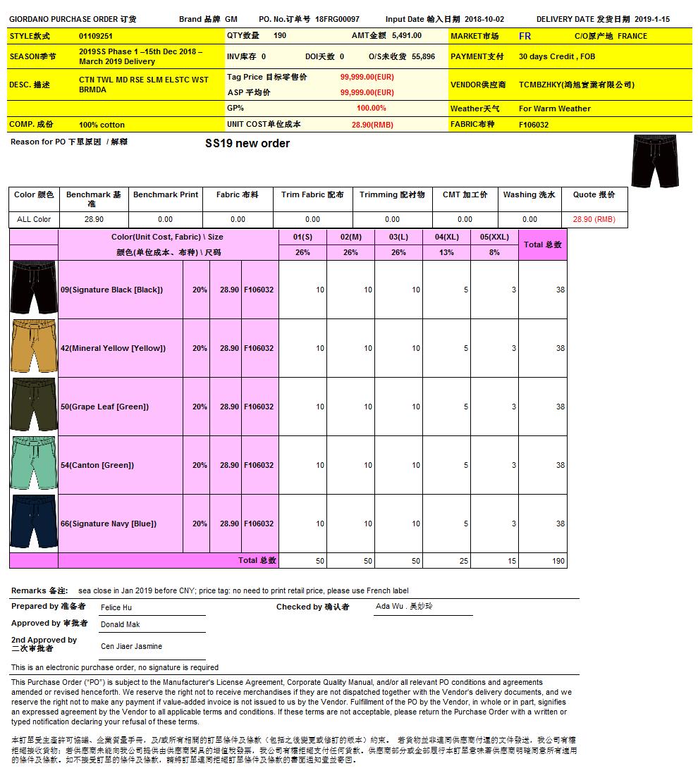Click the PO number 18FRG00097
(337, 20)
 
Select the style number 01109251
(96, 35)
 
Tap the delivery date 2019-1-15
(651, 20)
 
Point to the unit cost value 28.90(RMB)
(372, 125)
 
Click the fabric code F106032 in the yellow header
(534, 125)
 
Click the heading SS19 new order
(247, 144)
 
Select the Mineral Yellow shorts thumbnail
(34, 348)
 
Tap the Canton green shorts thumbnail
(34, 465)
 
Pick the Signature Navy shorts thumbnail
(34, 524)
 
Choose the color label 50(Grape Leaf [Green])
(104, 407)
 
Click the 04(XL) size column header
(446, 237)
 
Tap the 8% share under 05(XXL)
(494, 252)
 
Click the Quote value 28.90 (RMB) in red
(594, 219)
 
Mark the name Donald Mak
(121, 624)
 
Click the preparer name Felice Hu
(116, 607)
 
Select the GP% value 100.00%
(372, 109)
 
